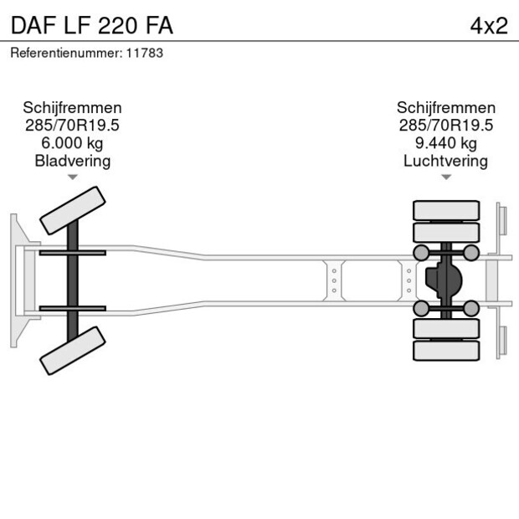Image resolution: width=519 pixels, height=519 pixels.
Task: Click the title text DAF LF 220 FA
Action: [92, 26]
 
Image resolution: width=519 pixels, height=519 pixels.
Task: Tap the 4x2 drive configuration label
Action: [488, 26]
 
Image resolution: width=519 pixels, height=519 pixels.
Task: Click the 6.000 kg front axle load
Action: [72, 143]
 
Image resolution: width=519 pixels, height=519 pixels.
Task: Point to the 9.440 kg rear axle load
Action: [445, 143]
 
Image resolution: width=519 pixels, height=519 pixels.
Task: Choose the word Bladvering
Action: [72, 161]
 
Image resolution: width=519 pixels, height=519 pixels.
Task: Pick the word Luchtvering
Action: [445, 161]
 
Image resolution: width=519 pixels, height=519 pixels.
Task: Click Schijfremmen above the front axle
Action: [72, 108]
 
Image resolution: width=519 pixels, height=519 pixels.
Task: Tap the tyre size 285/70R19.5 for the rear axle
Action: [445, 126]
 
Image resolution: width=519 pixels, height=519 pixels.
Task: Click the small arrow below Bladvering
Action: [73, 177]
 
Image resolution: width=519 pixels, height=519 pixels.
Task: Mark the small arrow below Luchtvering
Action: [446, 177]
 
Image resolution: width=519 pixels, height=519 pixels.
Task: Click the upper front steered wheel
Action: [73, 210]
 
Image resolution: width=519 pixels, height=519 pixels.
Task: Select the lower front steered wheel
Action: [73, 349]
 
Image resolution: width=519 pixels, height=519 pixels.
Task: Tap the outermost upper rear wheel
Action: [446, 208]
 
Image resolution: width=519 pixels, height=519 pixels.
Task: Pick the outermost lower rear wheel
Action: [446, 351]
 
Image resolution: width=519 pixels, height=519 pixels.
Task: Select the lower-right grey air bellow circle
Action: [471, 309]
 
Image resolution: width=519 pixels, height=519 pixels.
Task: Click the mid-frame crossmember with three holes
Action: [334, 280]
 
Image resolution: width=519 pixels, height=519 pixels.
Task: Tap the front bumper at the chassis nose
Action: [15, 280]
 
